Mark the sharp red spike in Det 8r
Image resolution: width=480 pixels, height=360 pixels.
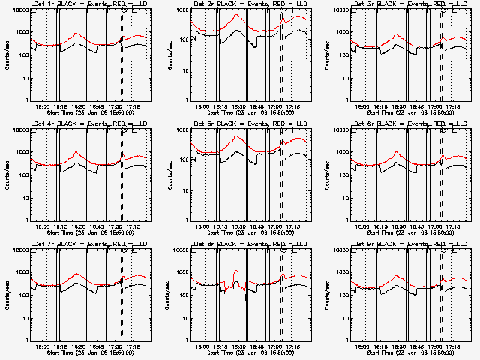click(x=236, y=271)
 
